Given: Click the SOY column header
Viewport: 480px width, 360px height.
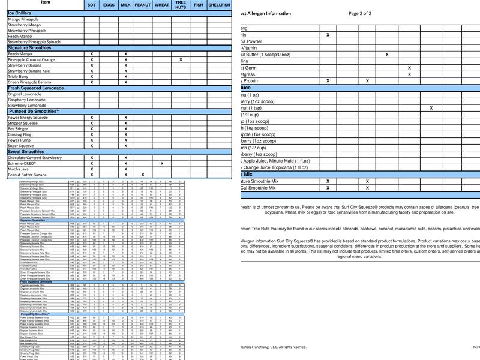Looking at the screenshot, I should point(91,5).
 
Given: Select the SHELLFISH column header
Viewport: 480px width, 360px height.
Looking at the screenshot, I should point(219,5).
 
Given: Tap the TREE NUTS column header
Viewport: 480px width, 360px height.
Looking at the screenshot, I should point(181,5).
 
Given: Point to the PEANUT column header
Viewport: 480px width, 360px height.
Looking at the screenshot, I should point(143,5).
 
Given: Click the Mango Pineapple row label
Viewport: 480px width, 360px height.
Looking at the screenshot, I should point(23,19).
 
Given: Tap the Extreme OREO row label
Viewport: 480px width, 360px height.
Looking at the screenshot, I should point(23,163).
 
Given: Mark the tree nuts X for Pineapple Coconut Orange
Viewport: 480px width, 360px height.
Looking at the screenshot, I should point(181,59).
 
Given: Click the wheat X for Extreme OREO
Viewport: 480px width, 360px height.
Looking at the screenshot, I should point(162,163).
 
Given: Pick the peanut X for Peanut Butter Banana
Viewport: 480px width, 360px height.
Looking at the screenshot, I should point(143,175).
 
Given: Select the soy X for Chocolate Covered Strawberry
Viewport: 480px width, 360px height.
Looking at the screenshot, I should point(92,158).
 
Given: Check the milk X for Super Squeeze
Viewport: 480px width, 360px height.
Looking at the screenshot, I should point(125,146).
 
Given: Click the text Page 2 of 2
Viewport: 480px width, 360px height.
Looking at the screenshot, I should point(360,13).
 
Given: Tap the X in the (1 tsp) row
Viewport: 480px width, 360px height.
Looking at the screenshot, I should point(431,108).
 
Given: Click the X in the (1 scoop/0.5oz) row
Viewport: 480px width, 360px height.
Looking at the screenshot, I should point(387,55).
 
